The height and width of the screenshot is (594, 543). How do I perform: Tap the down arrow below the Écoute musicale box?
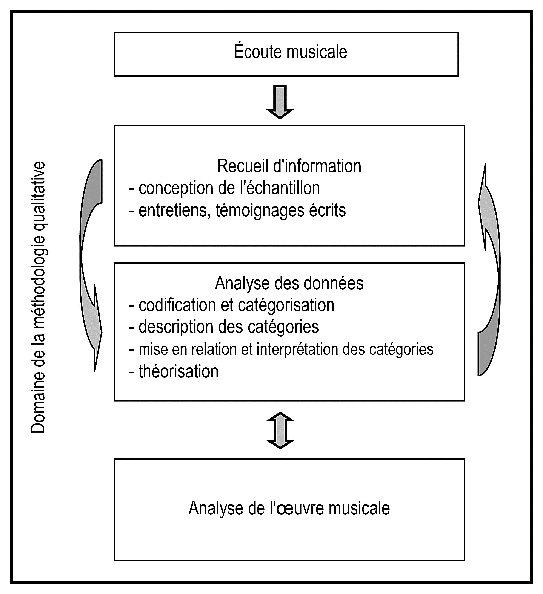click(x=280, y=102)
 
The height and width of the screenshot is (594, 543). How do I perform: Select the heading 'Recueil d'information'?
click(x=289, y=166)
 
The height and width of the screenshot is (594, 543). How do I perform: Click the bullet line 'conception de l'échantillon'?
click(x=225, y=188)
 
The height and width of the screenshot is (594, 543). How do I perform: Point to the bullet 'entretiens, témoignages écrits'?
click(x=237, y=210)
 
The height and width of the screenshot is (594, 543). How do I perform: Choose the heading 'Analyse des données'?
click(x=289, y=283)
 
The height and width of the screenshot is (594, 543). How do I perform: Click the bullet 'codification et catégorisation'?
click(x=232, y=305)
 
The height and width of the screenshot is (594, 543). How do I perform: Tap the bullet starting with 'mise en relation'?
click(x=281, y=349)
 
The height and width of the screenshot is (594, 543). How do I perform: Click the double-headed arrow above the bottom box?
click(x=280, y=430)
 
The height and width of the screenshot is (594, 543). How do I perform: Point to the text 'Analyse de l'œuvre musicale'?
click(x=289, y=508)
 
